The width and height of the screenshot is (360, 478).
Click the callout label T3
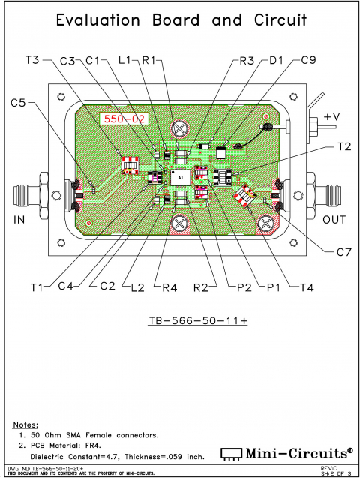35,60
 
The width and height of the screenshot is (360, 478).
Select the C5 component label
21,102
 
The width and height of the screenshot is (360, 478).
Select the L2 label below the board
136,286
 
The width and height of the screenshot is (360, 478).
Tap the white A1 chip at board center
180,175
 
